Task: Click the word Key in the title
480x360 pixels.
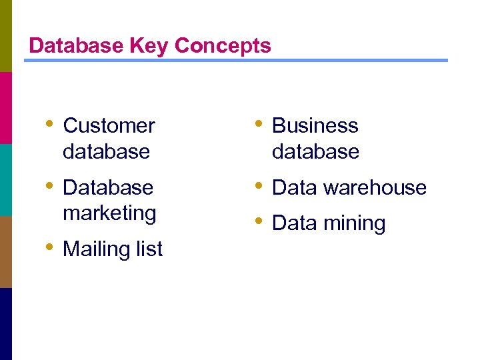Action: [151, 45]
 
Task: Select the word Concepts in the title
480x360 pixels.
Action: [223, 46]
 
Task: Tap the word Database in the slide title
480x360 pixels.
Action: [75, 45]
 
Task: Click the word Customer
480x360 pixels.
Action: [109, 125]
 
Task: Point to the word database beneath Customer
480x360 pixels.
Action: [106, 151]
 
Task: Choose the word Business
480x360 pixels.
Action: [315, 125]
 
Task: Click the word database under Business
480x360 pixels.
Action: [315, 151]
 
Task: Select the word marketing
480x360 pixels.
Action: [109, 213]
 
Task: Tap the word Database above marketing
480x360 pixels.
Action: [108, 187]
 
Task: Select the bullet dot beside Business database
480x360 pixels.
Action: [259, 124]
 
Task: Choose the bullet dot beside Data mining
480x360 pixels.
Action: [259, 221]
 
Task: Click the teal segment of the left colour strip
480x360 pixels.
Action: [6, 180]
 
